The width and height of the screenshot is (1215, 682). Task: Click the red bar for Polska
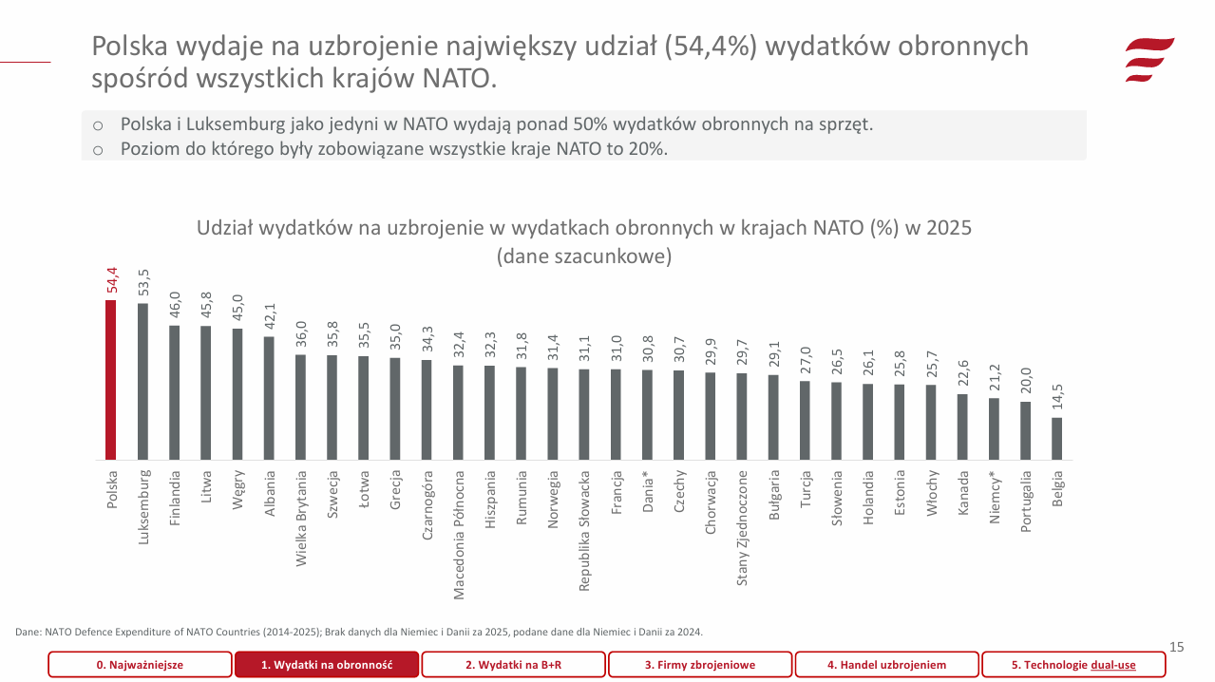coord(111,380)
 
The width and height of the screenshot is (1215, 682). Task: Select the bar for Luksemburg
coord(142,382)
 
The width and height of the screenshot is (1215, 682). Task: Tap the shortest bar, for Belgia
coord(1056,439)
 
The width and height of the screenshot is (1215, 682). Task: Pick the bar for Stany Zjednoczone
coord(742,416)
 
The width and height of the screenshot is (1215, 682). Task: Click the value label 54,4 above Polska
coord(111,281)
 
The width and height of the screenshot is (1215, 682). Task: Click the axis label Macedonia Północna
coord(458,535)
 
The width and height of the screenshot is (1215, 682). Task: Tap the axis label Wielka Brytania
coord(300,518)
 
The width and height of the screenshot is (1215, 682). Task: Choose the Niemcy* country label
coord(994,497)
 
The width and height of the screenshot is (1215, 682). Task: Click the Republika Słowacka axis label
coord(584,530)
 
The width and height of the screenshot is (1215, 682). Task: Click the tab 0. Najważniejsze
coord(140,665)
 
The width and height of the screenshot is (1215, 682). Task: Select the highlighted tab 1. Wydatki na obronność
coord(327,665)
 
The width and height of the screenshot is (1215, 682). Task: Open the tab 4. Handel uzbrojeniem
coord(886,665)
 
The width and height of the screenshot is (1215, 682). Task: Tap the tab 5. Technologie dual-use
coord(1073,665)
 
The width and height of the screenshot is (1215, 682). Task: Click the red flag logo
coord(1149,59)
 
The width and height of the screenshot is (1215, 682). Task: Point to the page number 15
coord(1176,647)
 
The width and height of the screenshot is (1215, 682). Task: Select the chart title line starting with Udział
coord(583,229)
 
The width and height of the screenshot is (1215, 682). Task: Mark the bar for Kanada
coord(962,426)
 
